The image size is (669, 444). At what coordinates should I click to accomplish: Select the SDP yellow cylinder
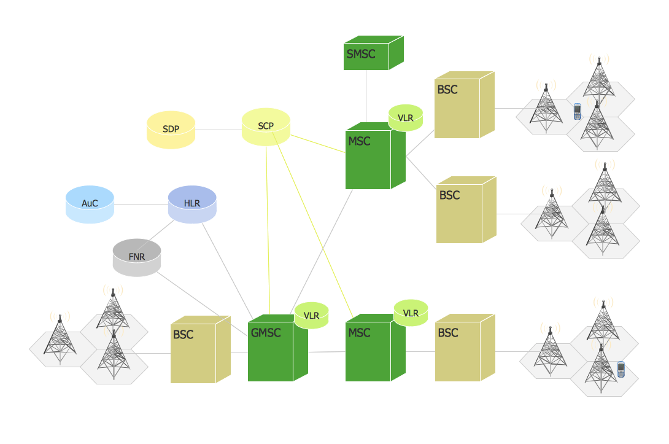click(171, 130)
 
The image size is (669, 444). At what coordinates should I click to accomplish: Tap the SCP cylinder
click(266, 127)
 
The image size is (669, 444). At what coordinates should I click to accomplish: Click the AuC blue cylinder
click(90, 204)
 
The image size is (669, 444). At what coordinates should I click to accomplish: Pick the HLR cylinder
click(192, 204)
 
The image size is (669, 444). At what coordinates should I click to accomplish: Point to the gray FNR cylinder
click(137, 257)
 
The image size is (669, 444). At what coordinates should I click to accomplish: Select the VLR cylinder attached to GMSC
click(311, 316)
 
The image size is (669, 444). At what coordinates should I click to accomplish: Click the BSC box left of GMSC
click(194, 352)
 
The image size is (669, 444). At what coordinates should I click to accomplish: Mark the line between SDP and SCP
click(218, 130)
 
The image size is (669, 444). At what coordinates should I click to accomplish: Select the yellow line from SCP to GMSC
click(268, 227)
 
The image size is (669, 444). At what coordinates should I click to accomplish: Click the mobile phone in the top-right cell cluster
click(577, 112)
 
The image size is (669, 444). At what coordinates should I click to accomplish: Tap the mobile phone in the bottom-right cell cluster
click(621, 370)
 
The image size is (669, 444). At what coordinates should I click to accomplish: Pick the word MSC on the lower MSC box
click(359, 333)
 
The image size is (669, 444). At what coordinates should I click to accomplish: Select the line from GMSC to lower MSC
click(327, 352)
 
